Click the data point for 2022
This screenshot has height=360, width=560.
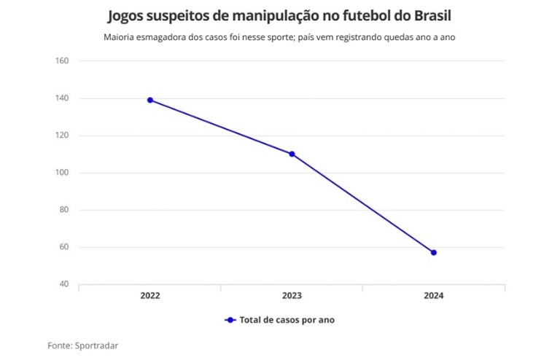149,100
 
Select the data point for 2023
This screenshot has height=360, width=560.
292,154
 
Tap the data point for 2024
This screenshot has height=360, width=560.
434,253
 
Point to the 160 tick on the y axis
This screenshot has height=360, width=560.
62,60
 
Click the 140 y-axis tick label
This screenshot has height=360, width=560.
62,98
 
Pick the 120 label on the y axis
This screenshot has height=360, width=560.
62,136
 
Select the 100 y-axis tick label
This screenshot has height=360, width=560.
62,173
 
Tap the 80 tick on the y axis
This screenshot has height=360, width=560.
63,210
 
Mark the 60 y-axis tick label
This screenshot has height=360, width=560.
63,247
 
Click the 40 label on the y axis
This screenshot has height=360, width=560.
63,284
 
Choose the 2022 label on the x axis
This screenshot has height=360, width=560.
149,296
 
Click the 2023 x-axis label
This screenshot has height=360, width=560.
292,296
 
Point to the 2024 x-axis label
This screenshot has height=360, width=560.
433,296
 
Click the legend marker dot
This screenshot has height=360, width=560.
230,320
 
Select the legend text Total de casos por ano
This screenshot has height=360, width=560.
287,320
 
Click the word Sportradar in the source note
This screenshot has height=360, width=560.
98,345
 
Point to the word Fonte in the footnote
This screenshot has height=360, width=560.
61,345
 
